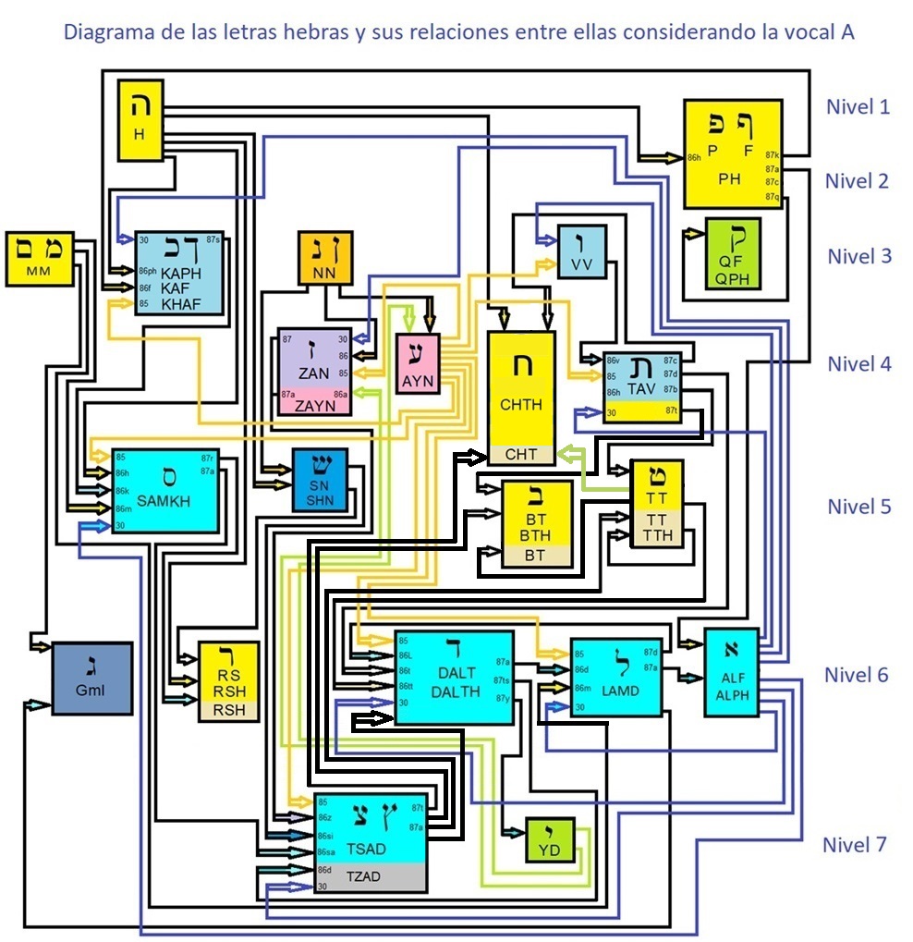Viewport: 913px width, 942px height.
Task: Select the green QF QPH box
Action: click(x=732, y=252)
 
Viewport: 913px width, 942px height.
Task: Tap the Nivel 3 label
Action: click(x=858, y=256)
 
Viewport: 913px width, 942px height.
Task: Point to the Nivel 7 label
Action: click(x=854, y=844)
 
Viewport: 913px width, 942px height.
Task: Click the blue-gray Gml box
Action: click(x=92, y=678)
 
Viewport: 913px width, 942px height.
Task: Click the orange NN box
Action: click(x=324, y=258)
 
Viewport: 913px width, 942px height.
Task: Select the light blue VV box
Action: click(x=581, y=251)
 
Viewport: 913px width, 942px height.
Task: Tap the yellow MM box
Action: click(x=39, y=257)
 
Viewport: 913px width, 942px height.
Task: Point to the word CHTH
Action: click(x=521, y=404)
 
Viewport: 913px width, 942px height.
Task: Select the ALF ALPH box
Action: click(x=732, y=672)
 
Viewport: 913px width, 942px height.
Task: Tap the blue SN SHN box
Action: click(x=320, y=480)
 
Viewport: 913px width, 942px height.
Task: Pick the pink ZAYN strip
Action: click(x=316, y=405)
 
